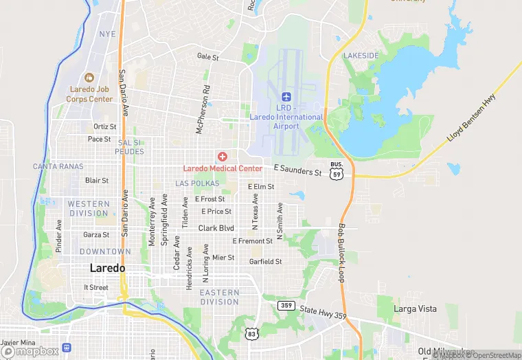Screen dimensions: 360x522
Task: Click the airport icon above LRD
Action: (286, 96)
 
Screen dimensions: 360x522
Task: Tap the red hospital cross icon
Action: (222, 157)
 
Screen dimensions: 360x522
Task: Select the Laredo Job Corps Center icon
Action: (89, 77)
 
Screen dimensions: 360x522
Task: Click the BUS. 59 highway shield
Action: (336, 170)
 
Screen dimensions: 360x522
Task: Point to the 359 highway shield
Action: (286, 304)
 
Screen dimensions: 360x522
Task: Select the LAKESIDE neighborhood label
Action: (361, 55)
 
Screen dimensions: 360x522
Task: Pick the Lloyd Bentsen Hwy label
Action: (471, 119)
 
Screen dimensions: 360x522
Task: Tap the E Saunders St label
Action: (297, 170)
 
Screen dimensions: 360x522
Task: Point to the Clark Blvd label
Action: (216, 228)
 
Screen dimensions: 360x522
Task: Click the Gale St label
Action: (207, 57)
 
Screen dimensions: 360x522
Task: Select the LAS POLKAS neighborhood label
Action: (197, 183)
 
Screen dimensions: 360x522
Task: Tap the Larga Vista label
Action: (415, 309)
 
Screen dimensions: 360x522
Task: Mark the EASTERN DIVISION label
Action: (219, 297)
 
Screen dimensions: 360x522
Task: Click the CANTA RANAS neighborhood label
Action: (58, 166)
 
